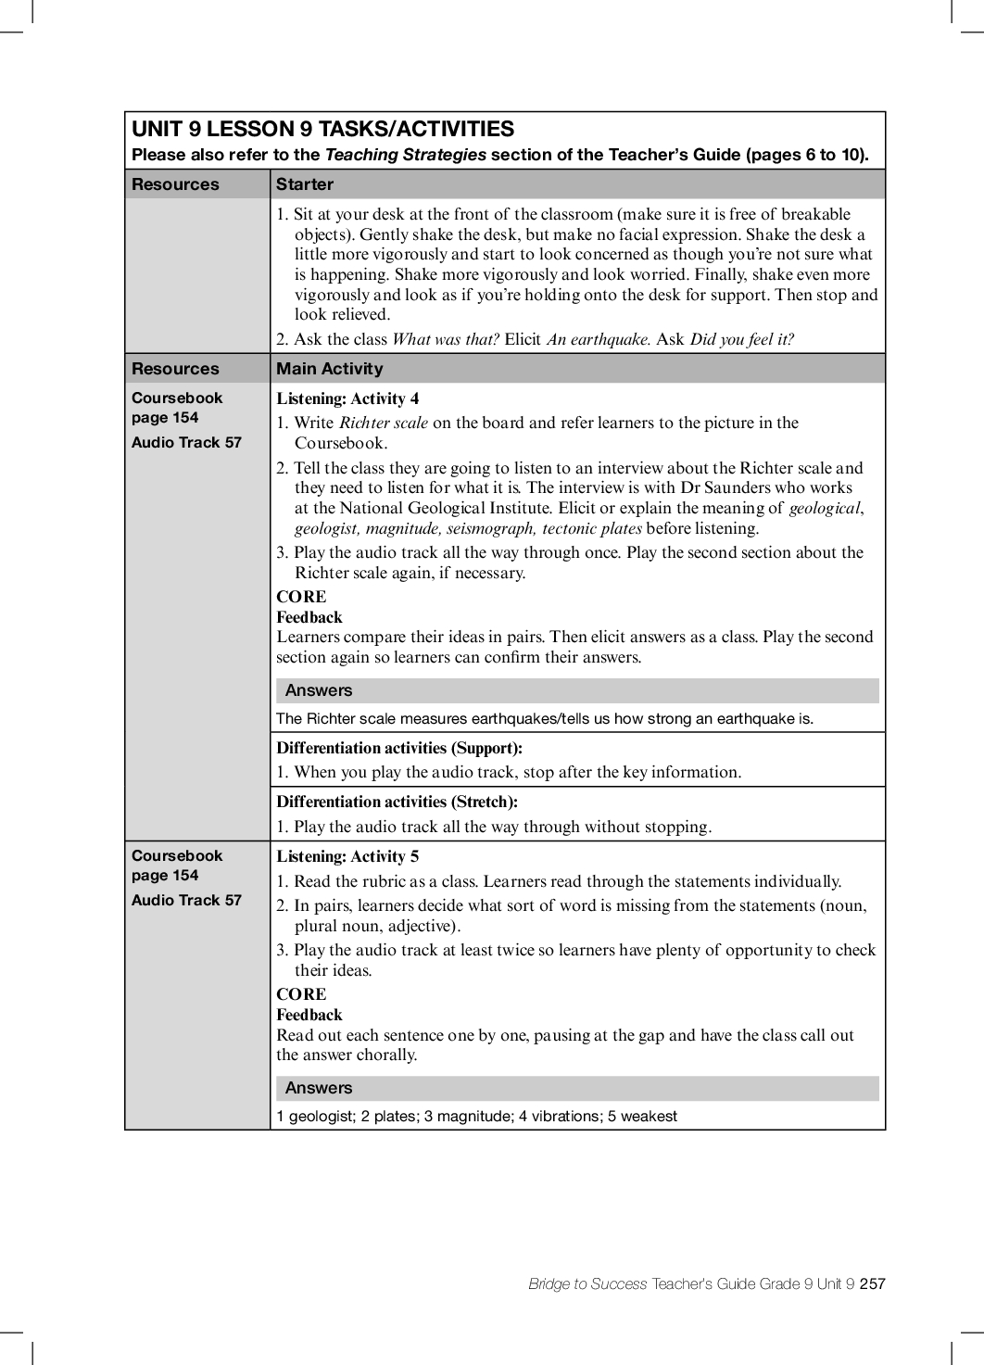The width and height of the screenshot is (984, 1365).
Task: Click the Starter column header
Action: [x=304, y=184]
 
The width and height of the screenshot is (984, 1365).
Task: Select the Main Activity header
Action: [x=329, y=369]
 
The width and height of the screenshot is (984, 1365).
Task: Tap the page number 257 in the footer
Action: [x=872, y=1283]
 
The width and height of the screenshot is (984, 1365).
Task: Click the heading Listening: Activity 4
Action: [x=347, y=398]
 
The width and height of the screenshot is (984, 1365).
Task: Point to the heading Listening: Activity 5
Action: [x=347, y=856]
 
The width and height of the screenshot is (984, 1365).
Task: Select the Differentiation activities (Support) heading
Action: [x=399, y=748]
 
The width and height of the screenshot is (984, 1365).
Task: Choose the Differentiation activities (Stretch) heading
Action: [x=397, y=802]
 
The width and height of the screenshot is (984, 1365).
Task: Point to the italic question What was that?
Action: [x=446, y=339]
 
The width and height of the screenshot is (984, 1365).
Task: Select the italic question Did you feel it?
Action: [x=741, y=339]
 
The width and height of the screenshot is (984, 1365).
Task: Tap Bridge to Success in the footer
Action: [x=587, y=1283]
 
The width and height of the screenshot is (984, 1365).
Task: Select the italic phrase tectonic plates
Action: [x=592, y=528]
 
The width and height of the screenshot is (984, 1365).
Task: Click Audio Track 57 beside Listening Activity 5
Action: [x=186, y=900]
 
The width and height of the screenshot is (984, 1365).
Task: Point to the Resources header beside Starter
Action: [x=175, y=184]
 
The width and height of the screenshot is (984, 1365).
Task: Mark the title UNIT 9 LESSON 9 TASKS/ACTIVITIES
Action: [x=322, y=129]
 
